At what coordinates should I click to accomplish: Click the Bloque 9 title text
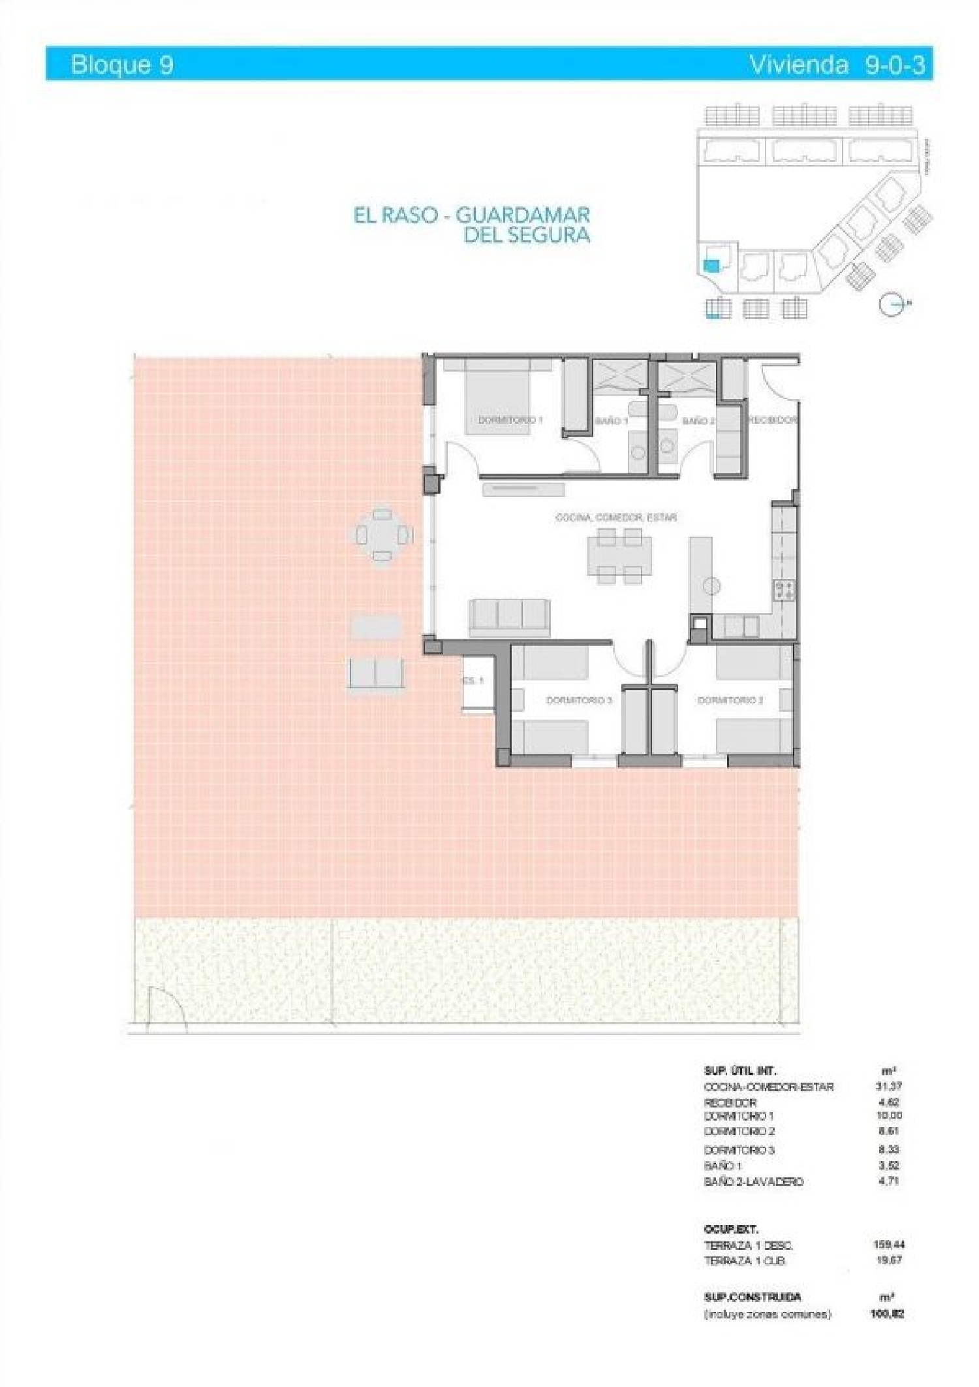122,65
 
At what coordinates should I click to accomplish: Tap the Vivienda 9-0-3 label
837,65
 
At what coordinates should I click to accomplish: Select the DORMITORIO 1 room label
510,420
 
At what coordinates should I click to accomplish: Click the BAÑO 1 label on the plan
611,421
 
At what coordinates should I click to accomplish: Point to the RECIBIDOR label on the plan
773,420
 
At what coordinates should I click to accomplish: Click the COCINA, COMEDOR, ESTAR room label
615,517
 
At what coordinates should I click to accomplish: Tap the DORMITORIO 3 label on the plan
578,700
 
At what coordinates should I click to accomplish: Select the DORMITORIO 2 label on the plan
730,700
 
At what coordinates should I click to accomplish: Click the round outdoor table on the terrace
382,535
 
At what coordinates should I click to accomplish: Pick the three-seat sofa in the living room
510,616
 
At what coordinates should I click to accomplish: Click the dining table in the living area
618,556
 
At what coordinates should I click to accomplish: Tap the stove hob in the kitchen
784,590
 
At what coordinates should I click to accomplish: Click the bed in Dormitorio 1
497,397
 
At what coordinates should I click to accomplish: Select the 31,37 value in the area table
888,1087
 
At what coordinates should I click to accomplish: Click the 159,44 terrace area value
888,1245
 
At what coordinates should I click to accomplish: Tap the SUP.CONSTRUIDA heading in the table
752,1297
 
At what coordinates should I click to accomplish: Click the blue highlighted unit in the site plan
711,265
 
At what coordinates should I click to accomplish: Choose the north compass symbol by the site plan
892,304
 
